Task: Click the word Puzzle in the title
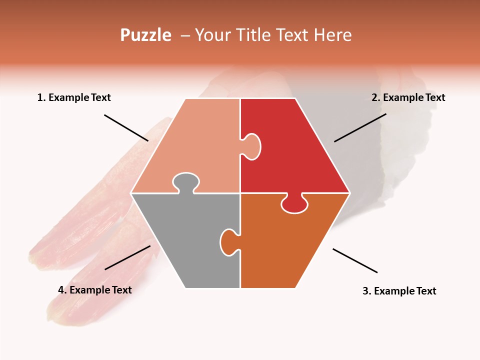point(145,35)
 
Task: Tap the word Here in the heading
point(332,35)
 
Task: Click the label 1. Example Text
point(74,97)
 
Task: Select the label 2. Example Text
point(408,97)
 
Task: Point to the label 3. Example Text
point(399,291)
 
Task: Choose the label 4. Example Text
point(94,290)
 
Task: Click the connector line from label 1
point(126,128)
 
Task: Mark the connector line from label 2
point(360,127)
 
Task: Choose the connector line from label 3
point(355,260)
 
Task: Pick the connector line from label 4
point(127,257)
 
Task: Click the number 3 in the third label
point(365,291)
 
